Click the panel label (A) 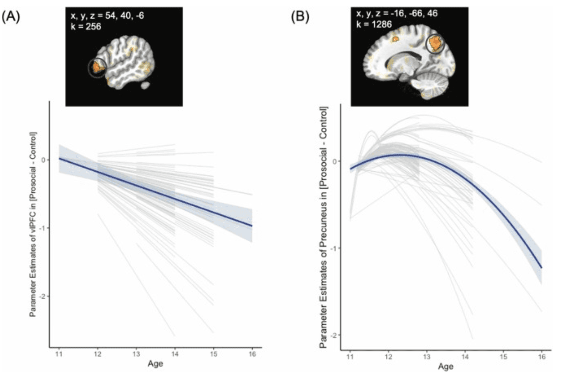point(11,17)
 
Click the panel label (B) point(300,17)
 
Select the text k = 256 point(86,26)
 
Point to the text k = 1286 point(374,24)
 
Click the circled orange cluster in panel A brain point(97,67)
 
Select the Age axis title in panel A point(155,364)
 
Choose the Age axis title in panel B point(446,366)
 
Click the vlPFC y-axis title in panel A point(33,225)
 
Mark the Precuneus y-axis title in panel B point(323,227)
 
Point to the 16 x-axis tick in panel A point(252,354)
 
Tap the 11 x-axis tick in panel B point(350,357)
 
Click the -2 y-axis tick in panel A point(42,296)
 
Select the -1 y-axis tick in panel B point(334,248)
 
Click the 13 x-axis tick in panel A point(136,354)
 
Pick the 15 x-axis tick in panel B point(503,357)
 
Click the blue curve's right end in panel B point(541,267)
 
